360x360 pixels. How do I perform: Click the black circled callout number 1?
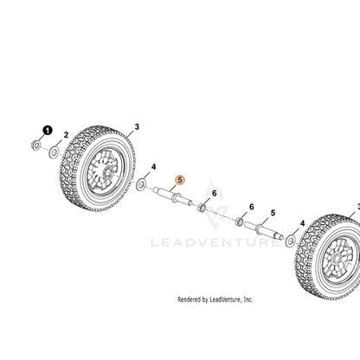point(48,131)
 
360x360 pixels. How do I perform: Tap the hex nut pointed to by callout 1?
point(35,145)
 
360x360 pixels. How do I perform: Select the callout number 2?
point(66,135)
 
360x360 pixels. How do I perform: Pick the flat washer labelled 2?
point(54,151)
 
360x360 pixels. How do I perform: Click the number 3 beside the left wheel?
point(137,126)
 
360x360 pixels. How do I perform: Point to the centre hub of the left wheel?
point(107,173)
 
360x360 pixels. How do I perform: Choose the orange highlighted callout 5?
point(180,180)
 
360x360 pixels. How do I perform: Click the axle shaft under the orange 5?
point(173,196)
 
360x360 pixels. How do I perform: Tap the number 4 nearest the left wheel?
point(153,167)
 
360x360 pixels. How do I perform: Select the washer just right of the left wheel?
point(141,184)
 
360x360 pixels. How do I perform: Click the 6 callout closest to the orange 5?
point(214,193)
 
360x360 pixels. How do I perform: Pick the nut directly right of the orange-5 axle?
point(202,207)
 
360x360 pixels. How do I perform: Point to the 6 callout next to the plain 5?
point(252,207)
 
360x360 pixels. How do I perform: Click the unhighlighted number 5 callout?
point(273,213)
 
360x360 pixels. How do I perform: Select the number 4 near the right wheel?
point(302,223)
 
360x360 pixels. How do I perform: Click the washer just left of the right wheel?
point(290,241)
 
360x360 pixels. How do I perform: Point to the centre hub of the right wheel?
point(337,259)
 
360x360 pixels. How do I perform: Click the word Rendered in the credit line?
point(189,299)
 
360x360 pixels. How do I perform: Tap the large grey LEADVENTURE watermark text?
point(215,242)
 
